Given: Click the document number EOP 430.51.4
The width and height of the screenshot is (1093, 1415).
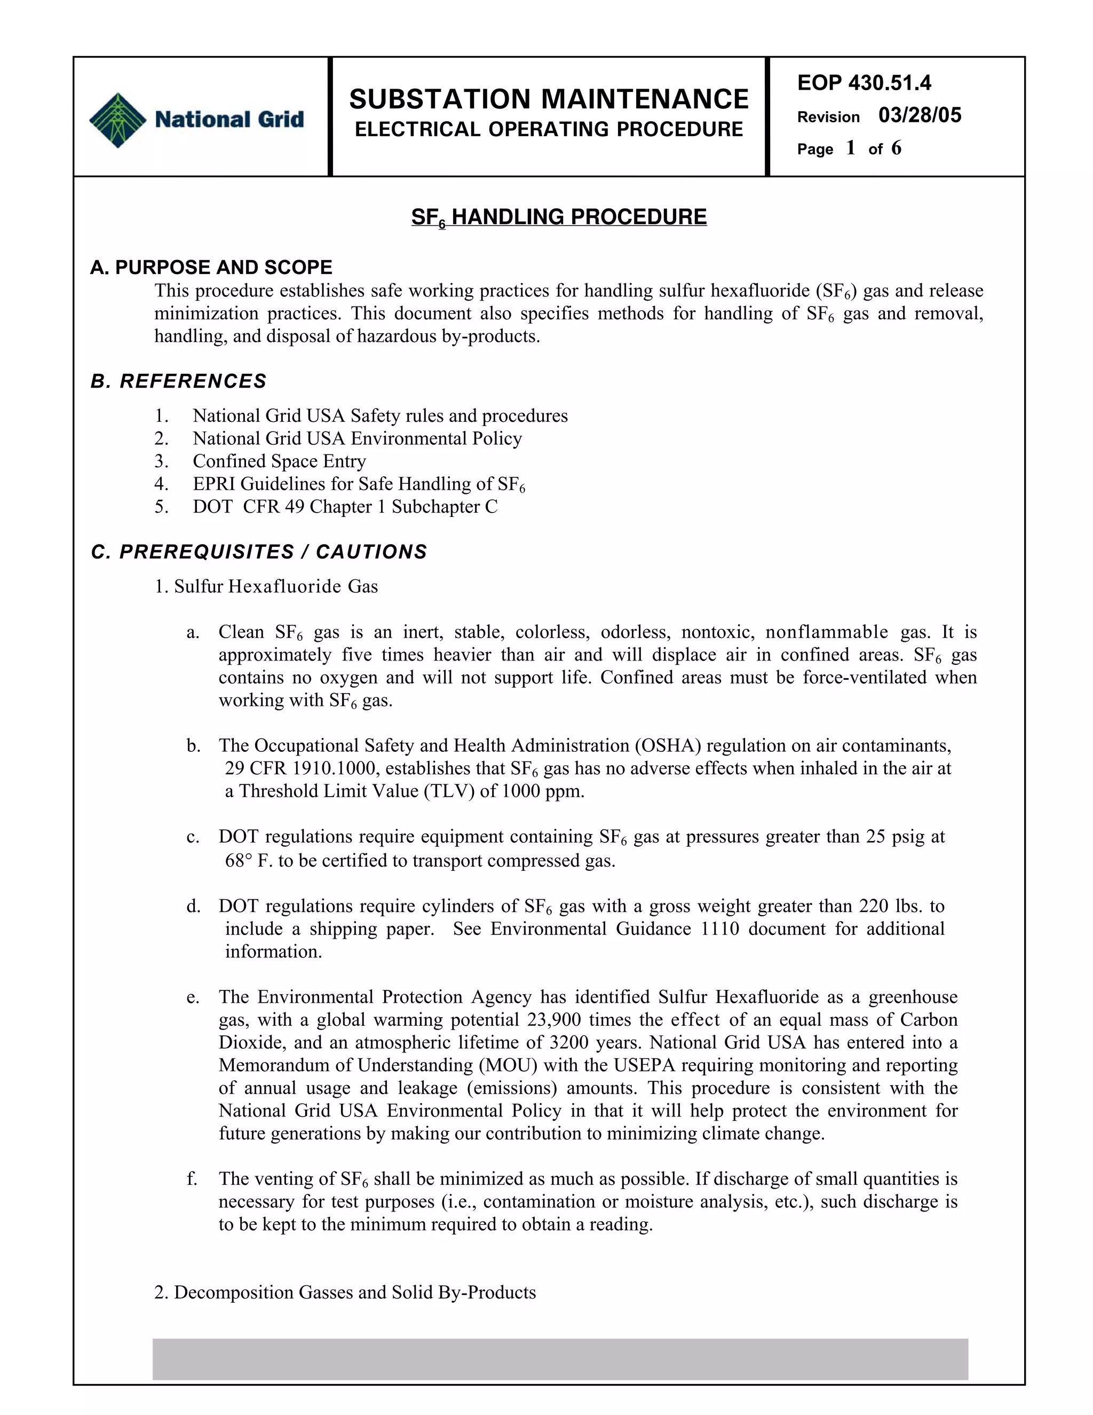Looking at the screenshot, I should pyautogui.click(x=864, y=83).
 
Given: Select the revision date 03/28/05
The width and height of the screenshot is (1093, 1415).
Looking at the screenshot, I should pyautogui.click(x=920, y=115).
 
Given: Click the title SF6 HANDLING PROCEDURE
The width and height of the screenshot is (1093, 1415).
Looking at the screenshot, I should pyautogui.click(x=559, y=217).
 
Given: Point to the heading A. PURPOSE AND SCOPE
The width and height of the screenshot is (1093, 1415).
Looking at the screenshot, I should pyautogui.click(x=211, y=267).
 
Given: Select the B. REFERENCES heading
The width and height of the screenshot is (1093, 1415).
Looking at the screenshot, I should pyautogui.click(x=179, y=381).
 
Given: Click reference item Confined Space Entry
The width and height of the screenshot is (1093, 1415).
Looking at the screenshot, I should pyautogui.click(x=279, y=461).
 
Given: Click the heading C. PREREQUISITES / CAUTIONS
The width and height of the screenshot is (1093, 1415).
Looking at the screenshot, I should pyautogui.click(x=259, y=552).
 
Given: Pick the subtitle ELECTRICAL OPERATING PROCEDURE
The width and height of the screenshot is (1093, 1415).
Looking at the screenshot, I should pyautogui.click(x=549, y=130).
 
